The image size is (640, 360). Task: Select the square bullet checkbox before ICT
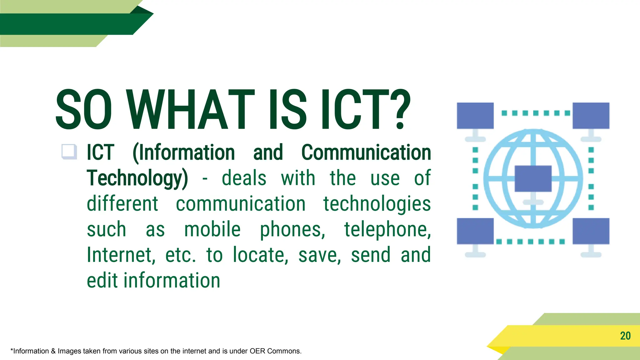[69, 152]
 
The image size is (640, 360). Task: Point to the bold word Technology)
[137, 178]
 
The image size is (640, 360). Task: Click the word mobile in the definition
[212, 229]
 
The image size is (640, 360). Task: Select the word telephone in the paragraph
[387, 229]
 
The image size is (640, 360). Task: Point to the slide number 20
[625, 336]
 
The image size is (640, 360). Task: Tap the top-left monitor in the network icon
[475, 116]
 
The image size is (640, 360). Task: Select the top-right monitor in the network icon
[591, 116]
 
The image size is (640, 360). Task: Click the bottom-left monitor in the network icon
[475, 231]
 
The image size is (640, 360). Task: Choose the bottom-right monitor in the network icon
[591, 231]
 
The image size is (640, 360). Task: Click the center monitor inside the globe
[533, 178]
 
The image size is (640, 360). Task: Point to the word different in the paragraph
[122, 204]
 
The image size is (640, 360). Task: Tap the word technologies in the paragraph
[377, 204]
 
